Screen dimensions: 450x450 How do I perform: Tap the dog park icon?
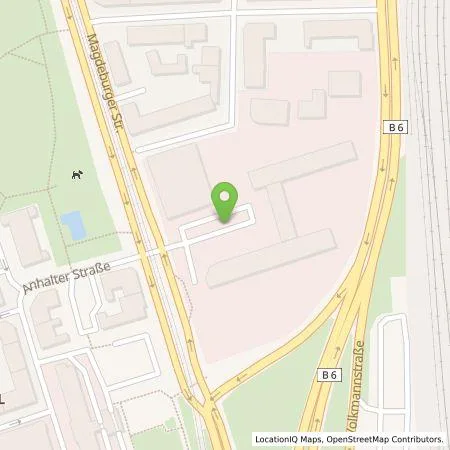coord(76,175)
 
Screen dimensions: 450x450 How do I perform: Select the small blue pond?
coord(73,225)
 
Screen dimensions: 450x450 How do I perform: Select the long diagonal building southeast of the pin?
coord(270,258)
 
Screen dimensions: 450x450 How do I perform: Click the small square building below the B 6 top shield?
coord(344,83)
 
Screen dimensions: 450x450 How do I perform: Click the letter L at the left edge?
coord(4,398)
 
